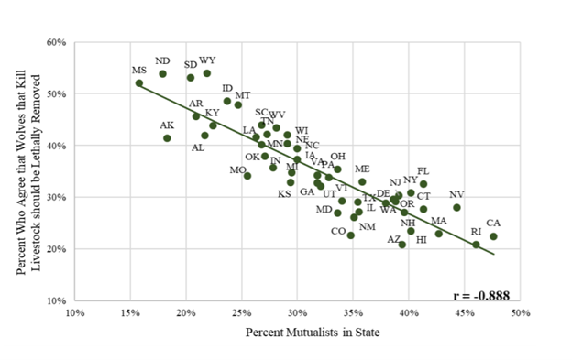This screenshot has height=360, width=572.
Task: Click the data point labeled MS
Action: click(139, 83)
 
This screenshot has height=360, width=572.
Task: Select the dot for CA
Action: click(493, 236)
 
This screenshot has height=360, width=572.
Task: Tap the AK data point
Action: click(167, 138)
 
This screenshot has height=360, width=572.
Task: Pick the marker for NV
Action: click(456, 208)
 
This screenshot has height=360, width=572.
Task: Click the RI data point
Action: click(476, 245)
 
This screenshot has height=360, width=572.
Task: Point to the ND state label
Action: click(162, 60)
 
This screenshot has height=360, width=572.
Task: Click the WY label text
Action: click(207, 60)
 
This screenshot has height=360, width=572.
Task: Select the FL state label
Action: click(423, 171)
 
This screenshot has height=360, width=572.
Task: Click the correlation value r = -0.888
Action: click(481, 296)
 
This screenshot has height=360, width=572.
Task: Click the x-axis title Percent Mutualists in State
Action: click(299, 333)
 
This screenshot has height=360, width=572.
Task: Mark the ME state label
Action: click(362, 169)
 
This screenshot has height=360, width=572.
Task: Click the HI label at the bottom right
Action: click(421, 240)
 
